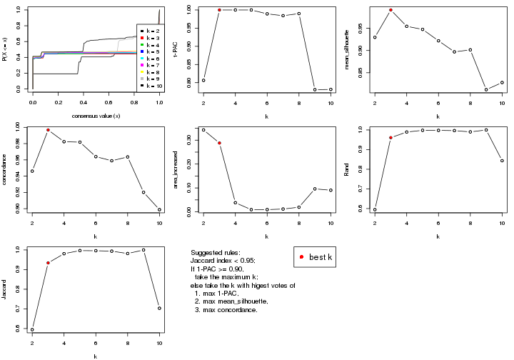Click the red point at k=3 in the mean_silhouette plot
[x=390, y=10]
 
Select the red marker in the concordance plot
[x=48, y=130]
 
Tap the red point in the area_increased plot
[x=219, y=143]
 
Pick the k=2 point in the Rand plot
[x=374, y=209]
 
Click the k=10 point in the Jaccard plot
[x=160, y=308]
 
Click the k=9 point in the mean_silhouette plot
[x=486, y=89]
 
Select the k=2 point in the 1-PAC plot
[x=203, y=80]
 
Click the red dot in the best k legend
[x=303, y=257]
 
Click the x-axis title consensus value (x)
[x=96, y=116]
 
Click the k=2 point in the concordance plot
[x=32, y=171]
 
